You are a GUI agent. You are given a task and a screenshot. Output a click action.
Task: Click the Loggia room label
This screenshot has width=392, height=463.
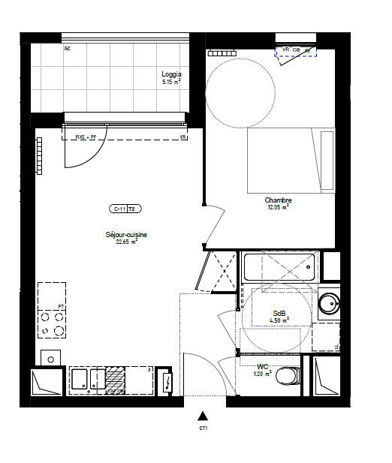point(171,74)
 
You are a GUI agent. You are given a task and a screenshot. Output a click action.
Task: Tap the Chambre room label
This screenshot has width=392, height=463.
point(278,200)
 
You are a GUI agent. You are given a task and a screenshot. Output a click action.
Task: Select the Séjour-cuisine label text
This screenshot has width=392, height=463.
point(126,235)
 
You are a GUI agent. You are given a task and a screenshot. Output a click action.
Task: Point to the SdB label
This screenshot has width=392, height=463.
point(279,313)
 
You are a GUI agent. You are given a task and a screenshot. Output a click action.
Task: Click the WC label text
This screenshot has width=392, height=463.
point(261,366)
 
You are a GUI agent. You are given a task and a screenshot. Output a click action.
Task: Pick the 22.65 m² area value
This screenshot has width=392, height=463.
point(126,242)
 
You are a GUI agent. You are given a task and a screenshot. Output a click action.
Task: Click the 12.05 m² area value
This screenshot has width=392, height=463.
point(278,207)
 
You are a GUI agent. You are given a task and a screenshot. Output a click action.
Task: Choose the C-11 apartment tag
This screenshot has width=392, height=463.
point(117,209)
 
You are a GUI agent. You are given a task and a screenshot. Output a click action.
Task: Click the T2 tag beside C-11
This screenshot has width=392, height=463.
point(132,209)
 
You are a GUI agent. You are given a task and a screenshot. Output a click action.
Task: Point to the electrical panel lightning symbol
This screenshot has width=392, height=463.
point(167,382)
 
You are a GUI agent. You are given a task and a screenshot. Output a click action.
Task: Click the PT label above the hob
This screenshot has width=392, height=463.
point(61,307)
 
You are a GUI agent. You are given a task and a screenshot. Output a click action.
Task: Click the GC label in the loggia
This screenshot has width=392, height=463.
point(68,49)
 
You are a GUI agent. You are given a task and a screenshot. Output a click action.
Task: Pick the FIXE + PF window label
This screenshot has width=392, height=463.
point(87,137)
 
